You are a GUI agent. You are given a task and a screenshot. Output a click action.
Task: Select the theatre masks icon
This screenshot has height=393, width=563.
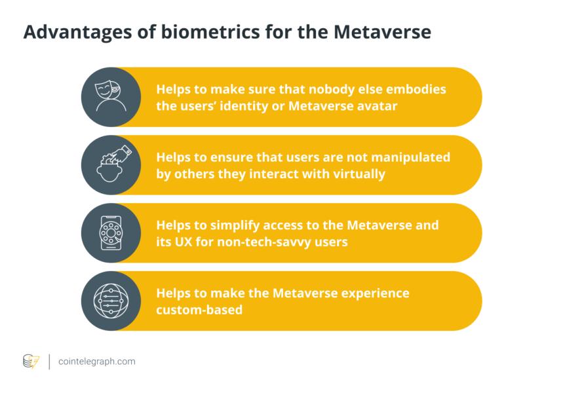110,96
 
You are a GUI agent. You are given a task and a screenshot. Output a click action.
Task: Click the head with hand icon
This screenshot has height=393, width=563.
110,164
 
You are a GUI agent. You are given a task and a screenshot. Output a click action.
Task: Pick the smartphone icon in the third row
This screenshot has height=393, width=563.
110,233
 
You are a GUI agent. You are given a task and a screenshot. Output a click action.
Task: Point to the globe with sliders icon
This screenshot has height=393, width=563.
110,301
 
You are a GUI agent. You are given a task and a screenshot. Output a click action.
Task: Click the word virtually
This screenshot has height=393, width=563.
359,174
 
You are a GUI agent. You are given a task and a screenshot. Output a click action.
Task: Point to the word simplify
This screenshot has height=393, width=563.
232,225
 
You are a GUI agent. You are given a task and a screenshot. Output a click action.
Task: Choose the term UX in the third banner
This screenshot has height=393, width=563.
184,242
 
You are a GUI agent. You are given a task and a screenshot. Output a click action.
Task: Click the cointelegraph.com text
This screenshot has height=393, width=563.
96,361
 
